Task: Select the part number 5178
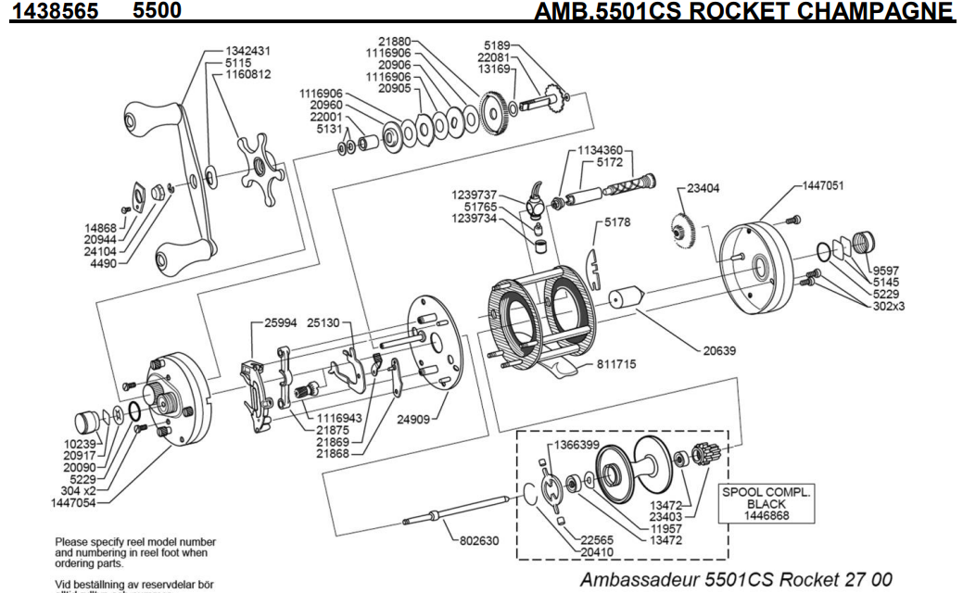point(617,222)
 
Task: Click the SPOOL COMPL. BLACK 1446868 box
point(766,504)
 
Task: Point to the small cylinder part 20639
point(626,298)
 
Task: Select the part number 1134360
point(600,150)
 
